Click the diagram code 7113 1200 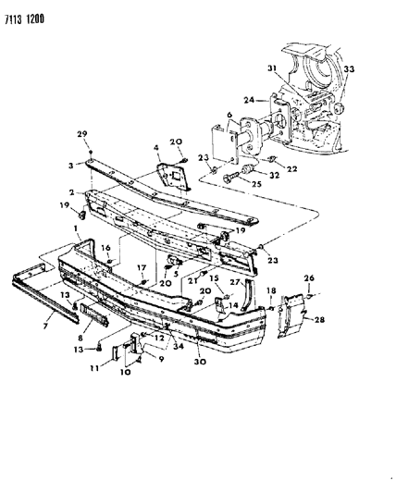pyautogui.click(x=25, y=19)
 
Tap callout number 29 pyautogui.click(x=82, y=134)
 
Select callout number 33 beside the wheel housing pyautogui.click(x=349, y=68)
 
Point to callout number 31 pyautogui.click(x=273, y=68)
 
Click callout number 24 pyautogui.click(x=249, y=100)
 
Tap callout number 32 pyautogui.click(x=275, y=175)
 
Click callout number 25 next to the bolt pyautogui.click(x=256, y=184)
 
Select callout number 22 pyautogui.click(x=291, y=169)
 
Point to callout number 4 pyautogui.click(x=156, y=147)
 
